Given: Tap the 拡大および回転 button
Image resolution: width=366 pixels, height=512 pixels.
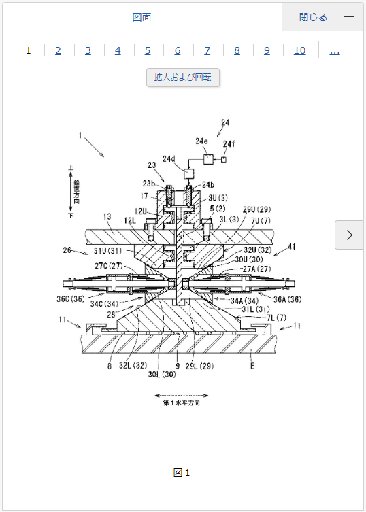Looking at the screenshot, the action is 183,78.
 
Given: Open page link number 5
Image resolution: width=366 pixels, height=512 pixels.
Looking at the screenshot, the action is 148,50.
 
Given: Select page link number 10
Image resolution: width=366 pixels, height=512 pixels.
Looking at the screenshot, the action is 299,50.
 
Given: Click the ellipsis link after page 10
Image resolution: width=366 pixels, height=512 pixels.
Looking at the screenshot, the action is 335,50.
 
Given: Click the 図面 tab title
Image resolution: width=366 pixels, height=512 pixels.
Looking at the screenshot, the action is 142,17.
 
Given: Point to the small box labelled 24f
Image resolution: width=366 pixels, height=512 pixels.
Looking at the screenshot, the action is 224,159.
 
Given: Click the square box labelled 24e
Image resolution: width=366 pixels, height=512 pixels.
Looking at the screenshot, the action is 208,159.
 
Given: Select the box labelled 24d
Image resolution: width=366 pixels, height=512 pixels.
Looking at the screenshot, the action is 189,173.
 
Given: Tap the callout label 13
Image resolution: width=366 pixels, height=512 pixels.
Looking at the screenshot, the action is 107,216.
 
